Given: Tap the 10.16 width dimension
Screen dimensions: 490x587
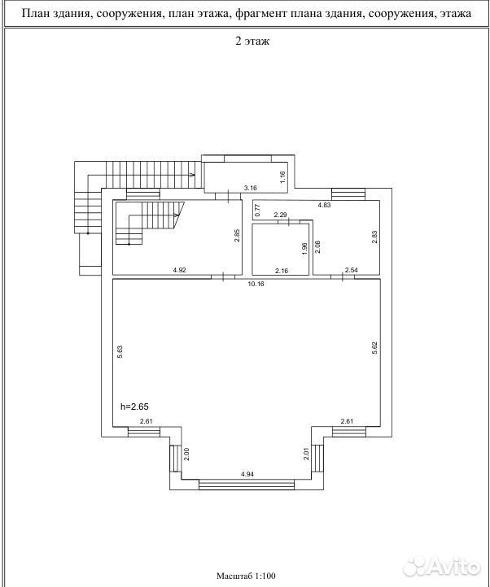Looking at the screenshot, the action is tap(256, 284).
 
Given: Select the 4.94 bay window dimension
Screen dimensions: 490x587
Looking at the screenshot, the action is tap(247, 474).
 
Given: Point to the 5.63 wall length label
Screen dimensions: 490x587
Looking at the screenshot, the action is tap(120, 351).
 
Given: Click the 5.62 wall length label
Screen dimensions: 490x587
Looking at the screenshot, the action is tap(374, 348).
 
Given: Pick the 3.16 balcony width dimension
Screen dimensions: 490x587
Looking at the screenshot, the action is tap(250, 188).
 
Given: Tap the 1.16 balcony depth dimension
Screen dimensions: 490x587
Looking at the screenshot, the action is tap(283, 176).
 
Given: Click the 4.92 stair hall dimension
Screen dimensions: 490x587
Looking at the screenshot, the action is tap(179, 270).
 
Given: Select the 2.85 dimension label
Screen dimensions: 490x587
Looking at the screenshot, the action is tap(237, 236).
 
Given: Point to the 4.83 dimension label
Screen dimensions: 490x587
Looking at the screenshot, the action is tap(324, 205).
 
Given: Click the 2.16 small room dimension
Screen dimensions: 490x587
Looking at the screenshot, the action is tap(282, 270).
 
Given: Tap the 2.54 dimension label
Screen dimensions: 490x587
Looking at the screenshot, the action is tap(352, 270).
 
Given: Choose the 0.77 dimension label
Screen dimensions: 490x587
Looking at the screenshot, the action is tap(257, 211).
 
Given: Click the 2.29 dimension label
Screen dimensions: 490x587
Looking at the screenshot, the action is tap(281, 215).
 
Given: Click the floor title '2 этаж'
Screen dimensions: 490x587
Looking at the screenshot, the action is tap(252, 41).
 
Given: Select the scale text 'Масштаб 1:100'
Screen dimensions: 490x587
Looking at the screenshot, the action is tap(246, 576).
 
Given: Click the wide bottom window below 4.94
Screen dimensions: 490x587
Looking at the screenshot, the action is tap(247, 485).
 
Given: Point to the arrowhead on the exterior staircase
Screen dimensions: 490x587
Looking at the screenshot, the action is tap(193, 175).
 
